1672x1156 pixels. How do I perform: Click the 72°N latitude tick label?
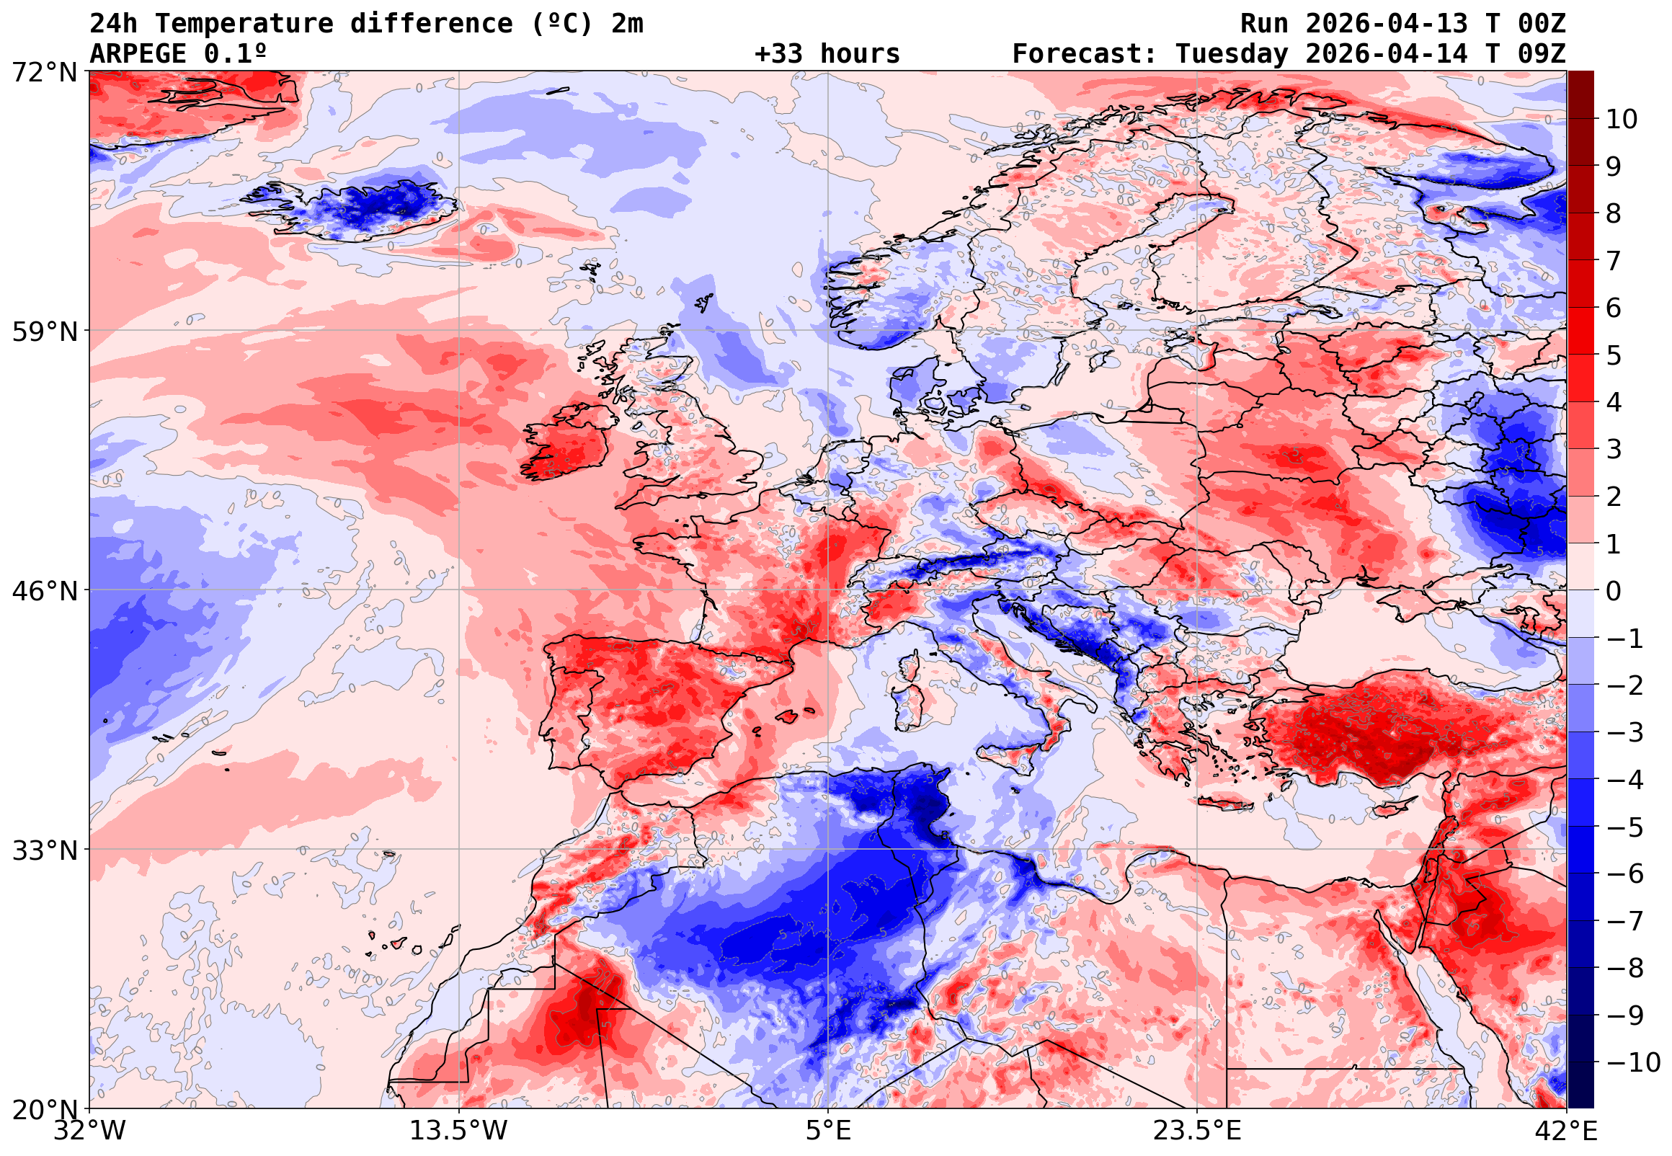[44, 73]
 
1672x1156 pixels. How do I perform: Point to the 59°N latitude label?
[44, 332]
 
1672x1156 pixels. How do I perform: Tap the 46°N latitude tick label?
[44, 591]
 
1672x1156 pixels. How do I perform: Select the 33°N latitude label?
[44, 850]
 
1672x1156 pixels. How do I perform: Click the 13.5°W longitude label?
[459, 1131]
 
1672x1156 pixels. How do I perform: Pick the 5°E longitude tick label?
[827, 1131]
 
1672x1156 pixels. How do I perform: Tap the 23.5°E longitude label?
[1197, 1131]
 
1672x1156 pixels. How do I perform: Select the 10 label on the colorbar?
[1622, 120]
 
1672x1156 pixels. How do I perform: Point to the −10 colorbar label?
[1633, 1062]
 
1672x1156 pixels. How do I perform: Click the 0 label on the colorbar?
[1614, 591]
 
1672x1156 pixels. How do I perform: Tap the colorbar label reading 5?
[1614, 355]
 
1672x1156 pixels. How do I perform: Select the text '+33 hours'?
[827, 54]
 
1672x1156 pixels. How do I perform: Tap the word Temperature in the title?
[244, 24]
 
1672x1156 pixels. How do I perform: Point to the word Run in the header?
[1264, 24]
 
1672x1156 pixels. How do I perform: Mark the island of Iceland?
[362, 210]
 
